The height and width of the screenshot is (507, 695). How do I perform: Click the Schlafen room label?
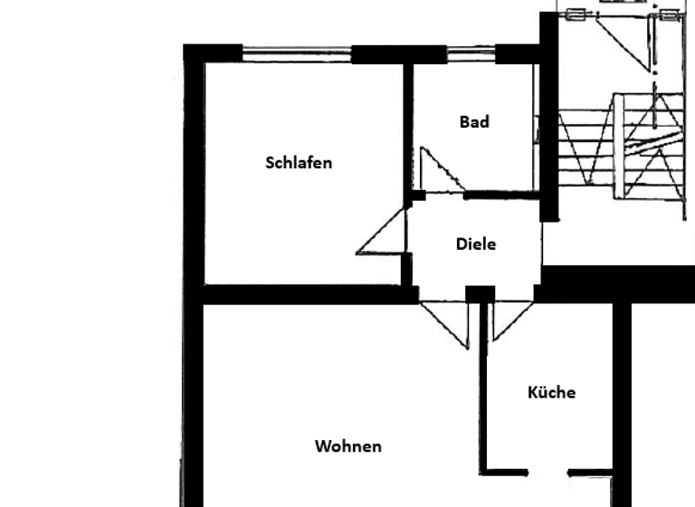(299, 163)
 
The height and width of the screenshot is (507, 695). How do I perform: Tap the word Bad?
(474, 122)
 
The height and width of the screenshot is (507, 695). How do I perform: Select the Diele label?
(476, 244)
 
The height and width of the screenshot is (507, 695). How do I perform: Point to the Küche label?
(551, 392)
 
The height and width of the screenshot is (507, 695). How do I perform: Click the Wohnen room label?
(348, 446)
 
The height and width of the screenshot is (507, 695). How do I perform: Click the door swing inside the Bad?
(440, 174)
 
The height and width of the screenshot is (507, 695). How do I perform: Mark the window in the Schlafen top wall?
(297, 53)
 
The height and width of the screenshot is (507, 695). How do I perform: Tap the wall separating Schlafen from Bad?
(408, 127)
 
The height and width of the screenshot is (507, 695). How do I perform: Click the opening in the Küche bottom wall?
(547, 472)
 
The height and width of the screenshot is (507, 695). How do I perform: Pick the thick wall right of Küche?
(622, 398)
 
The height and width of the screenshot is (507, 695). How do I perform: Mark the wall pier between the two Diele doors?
(481, 294)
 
